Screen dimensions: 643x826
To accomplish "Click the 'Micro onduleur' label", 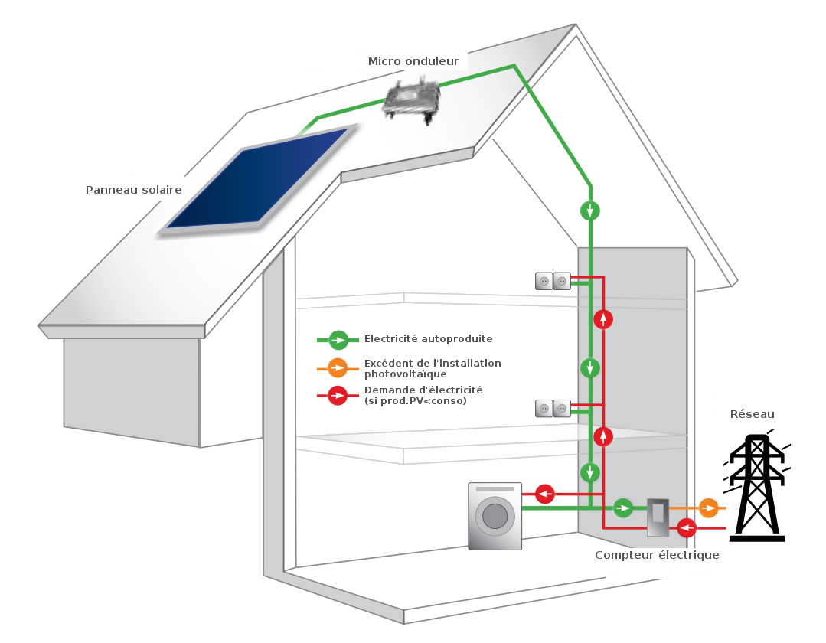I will click(x=413, y=61).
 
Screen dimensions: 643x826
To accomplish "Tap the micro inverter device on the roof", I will click(x=413, y=100).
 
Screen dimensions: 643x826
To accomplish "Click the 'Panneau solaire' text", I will click(x=133, y=190).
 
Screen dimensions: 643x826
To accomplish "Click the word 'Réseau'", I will click(x=752, y=414).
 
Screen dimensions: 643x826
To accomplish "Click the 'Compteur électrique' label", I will click(x=657, y=555).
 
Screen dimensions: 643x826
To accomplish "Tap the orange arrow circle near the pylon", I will click(x=709, y=507).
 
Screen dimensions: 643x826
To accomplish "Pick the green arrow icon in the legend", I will click(x=338, y=339).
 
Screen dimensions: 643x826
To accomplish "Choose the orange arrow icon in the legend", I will click(x=338, y=368).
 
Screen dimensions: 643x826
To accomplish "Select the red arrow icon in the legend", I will click(x=338, y=396).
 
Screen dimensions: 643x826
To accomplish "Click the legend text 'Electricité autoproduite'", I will click(x=428, y=339).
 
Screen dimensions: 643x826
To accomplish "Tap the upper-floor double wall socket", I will click(x=553, y=282).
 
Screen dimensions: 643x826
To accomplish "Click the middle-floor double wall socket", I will click(x=553, y=409).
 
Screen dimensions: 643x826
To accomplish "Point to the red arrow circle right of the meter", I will click(x=687, y=527).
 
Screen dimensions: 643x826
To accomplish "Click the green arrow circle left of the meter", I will click(x=623, y=507).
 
